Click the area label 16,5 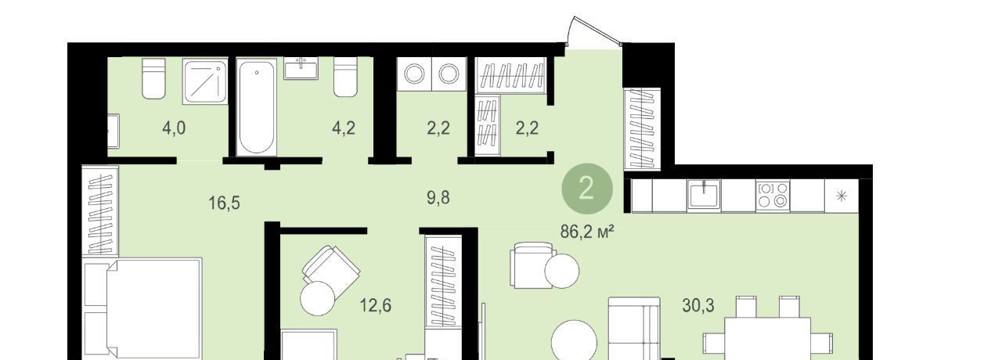224,203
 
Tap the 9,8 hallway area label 438,197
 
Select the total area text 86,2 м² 586,232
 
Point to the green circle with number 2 587,189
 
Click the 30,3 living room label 697,305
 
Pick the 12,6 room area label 376,305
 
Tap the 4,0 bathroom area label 174,128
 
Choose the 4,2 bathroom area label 344,128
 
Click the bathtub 256,107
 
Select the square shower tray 205,82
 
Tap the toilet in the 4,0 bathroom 153,78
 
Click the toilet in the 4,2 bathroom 346,77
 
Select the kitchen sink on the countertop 704,195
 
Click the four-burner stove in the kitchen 773,195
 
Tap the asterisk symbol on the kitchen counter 842,196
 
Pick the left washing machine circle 414,74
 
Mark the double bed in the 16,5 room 142,308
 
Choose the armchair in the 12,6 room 331,272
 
